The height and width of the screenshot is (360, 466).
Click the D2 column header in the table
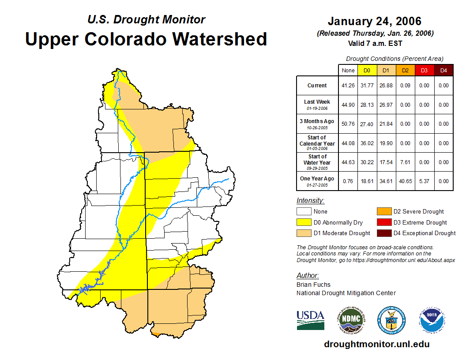click(405, 70)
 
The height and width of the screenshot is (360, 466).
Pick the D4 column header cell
click(443, 70)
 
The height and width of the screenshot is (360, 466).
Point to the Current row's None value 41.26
click(348, 86)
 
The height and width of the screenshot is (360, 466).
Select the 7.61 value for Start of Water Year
click(405, 162)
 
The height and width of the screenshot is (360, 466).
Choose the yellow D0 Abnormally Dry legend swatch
click(304, 222)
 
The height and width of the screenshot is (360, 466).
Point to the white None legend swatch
click(304, 212)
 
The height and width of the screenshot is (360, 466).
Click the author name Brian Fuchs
click(313, 285)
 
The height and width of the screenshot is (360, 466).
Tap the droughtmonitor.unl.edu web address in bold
click(376, 344)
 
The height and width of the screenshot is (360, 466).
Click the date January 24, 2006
click(375, 21)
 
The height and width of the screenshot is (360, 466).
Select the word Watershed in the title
click(219, 39)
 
